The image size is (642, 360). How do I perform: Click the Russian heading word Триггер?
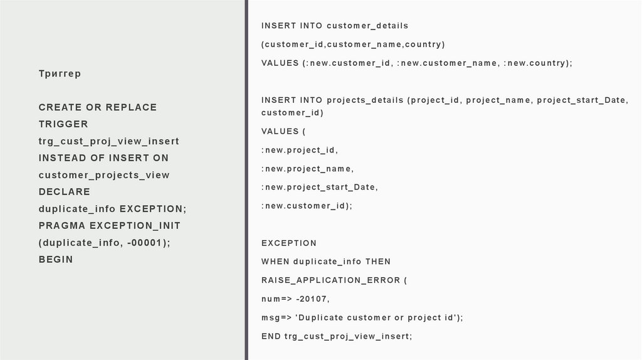(60, 74)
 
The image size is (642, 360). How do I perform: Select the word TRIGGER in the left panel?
(63, 124)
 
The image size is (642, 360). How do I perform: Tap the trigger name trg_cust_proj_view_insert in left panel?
(108, 141)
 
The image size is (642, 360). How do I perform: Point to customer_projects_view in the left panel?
(104, 175)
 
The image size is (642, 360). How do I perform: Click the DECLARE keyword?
(65, 192)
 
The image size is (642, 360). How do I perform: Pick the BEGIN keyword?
(56, 259)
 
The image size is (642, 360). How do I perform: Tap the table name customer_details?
(367, 26)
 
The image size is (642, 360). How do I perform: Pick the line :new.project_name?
(308, 169)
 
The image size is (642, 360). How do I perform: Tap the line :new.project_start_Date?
(320, 187)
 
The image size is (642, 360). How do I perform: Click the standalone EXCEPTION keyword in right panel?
(289, 243)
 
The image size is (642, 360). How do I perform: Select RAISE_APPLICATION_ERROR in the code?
(331, 280)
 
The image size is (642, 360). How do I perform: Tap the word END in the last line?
(271, 336)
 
